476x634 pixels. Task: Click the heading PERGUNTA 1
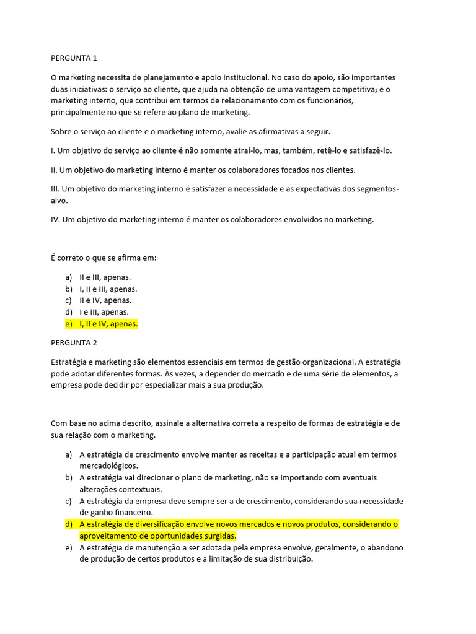pos(74,58)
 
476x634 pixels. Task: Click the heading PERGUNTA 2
pos(74,342)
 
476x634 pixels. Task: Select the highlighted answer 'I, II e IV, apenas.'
pos(108,324)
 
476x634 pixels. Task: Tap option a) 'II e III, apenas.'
pos(105,277)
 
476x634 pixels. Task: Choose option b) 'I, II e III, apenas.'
pos(108,289)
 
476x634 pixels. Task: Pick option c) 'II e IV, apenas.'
pos(105,300)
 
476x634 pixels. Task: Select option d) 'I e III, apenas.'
pos(104,312)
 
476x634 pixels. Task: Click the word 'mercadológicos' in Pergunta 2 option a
pos(108,466)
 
